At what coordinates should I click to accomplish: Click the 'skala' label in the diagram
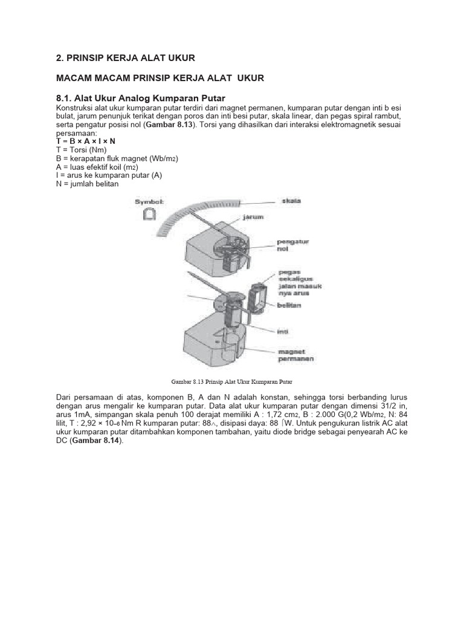pyautogui.click(x=292, y=201)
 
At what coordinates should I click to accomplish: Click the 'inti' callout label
pyautogui.click(x=282, y=331)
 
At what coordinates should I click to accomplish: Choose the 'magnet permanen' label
pyautogui.click(x=295, y=355)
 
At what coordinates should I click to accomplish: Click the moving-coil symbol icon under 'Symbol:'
pyautogui.click(x=149, y=214)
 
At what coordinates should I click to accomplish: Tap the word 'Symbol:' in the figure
pyautogui.click(x=149, y=201)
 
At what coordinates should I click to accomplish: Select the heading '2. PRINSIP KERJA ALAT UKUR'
pyautogui.click(x=126, y=58)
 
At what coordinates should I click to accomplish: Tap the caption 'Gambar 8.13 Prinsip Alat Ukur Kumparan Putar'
pyautogui.click(x=232, y=381)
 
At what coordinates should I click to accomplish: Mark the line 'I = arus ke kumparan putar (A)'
pyautogui.click(x=109, y=175)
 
